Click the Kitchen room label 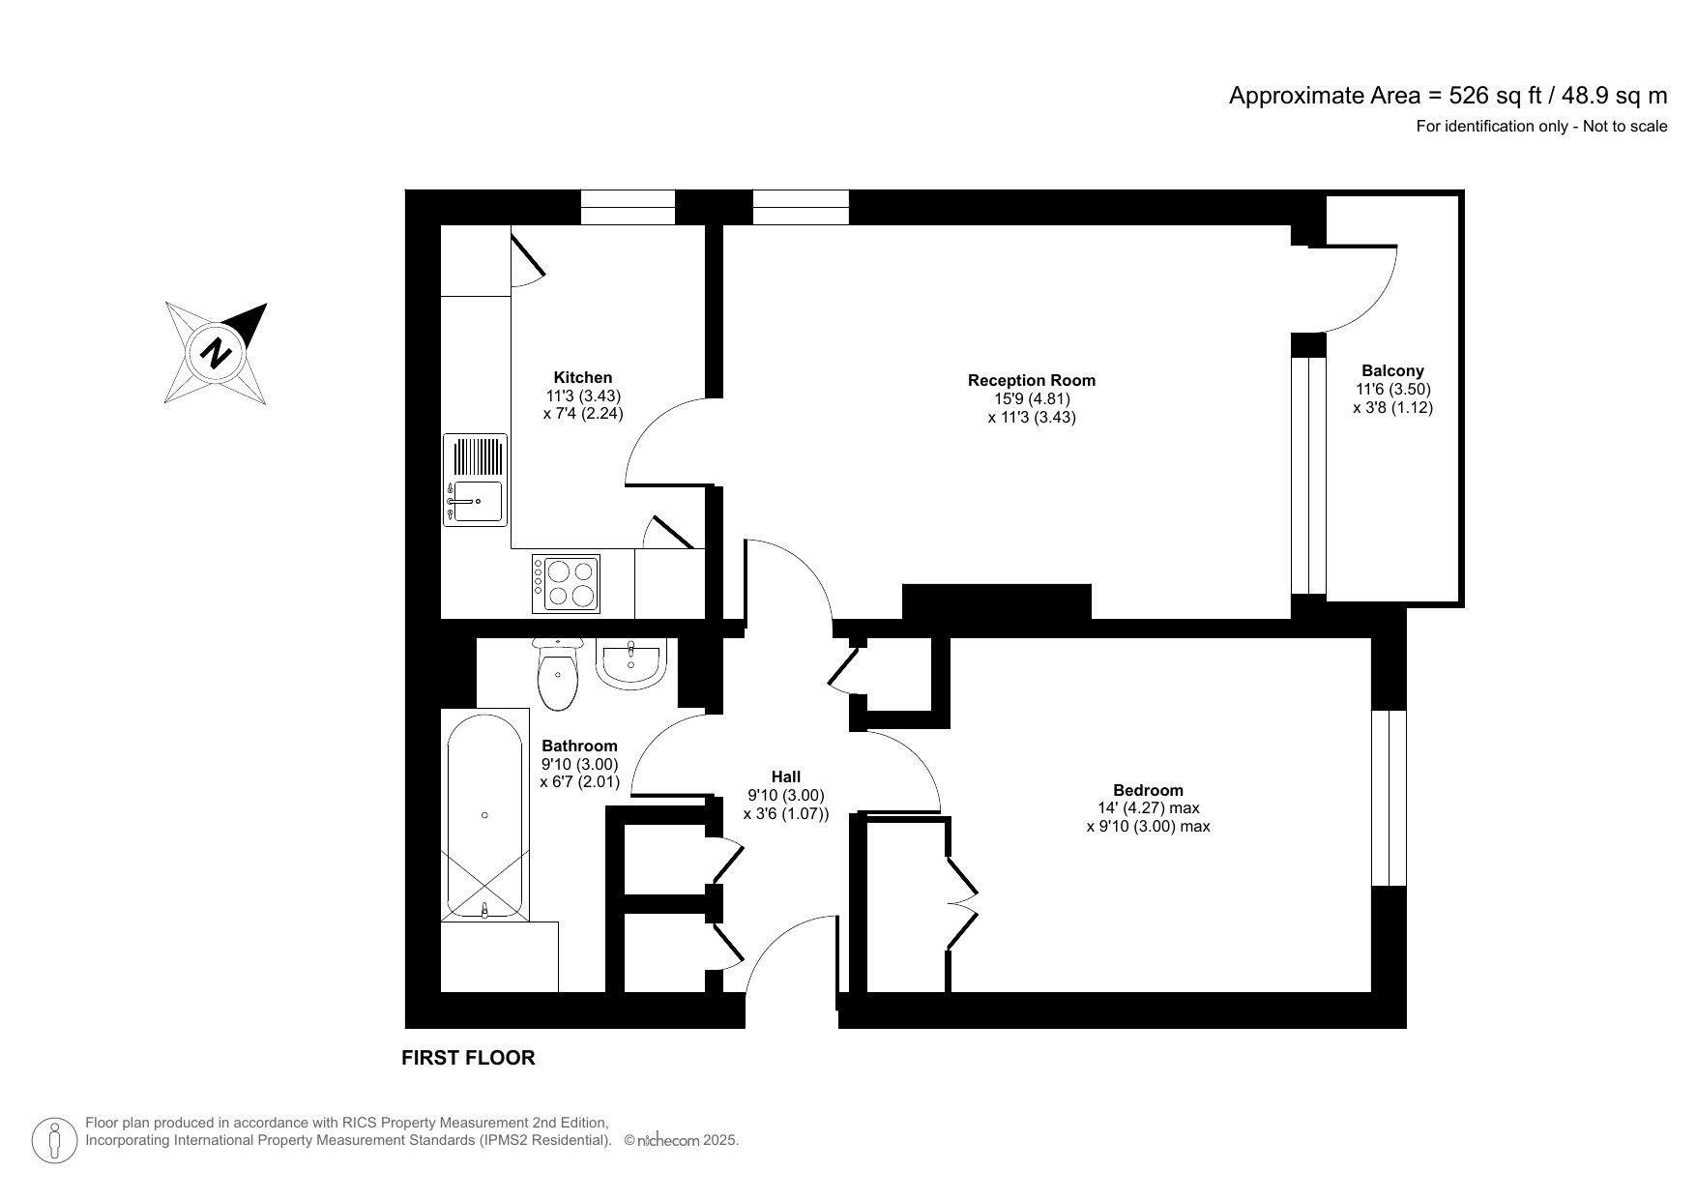click(x=582, y=377)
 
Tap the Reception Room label click(x=1031, y=380)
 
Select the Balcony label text click(x=1392, y=370)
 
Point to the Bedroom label click(x=1148, y=790)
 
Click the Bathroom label click(x=579, y=746)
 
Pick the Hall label click(x=785, y=776)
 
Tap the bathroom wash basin click(x=629, y=663)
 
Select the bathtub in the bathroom click(x=484, y=815)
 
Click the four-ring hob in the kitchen click(x=566, y=583)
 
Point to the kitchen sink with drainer click(x=475, y=480)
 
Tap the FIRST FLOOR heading click(x=468, y=1058)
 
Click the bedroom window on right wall click(x=1389, y=798)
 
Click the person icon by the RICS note click(x=55, y=1140)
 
